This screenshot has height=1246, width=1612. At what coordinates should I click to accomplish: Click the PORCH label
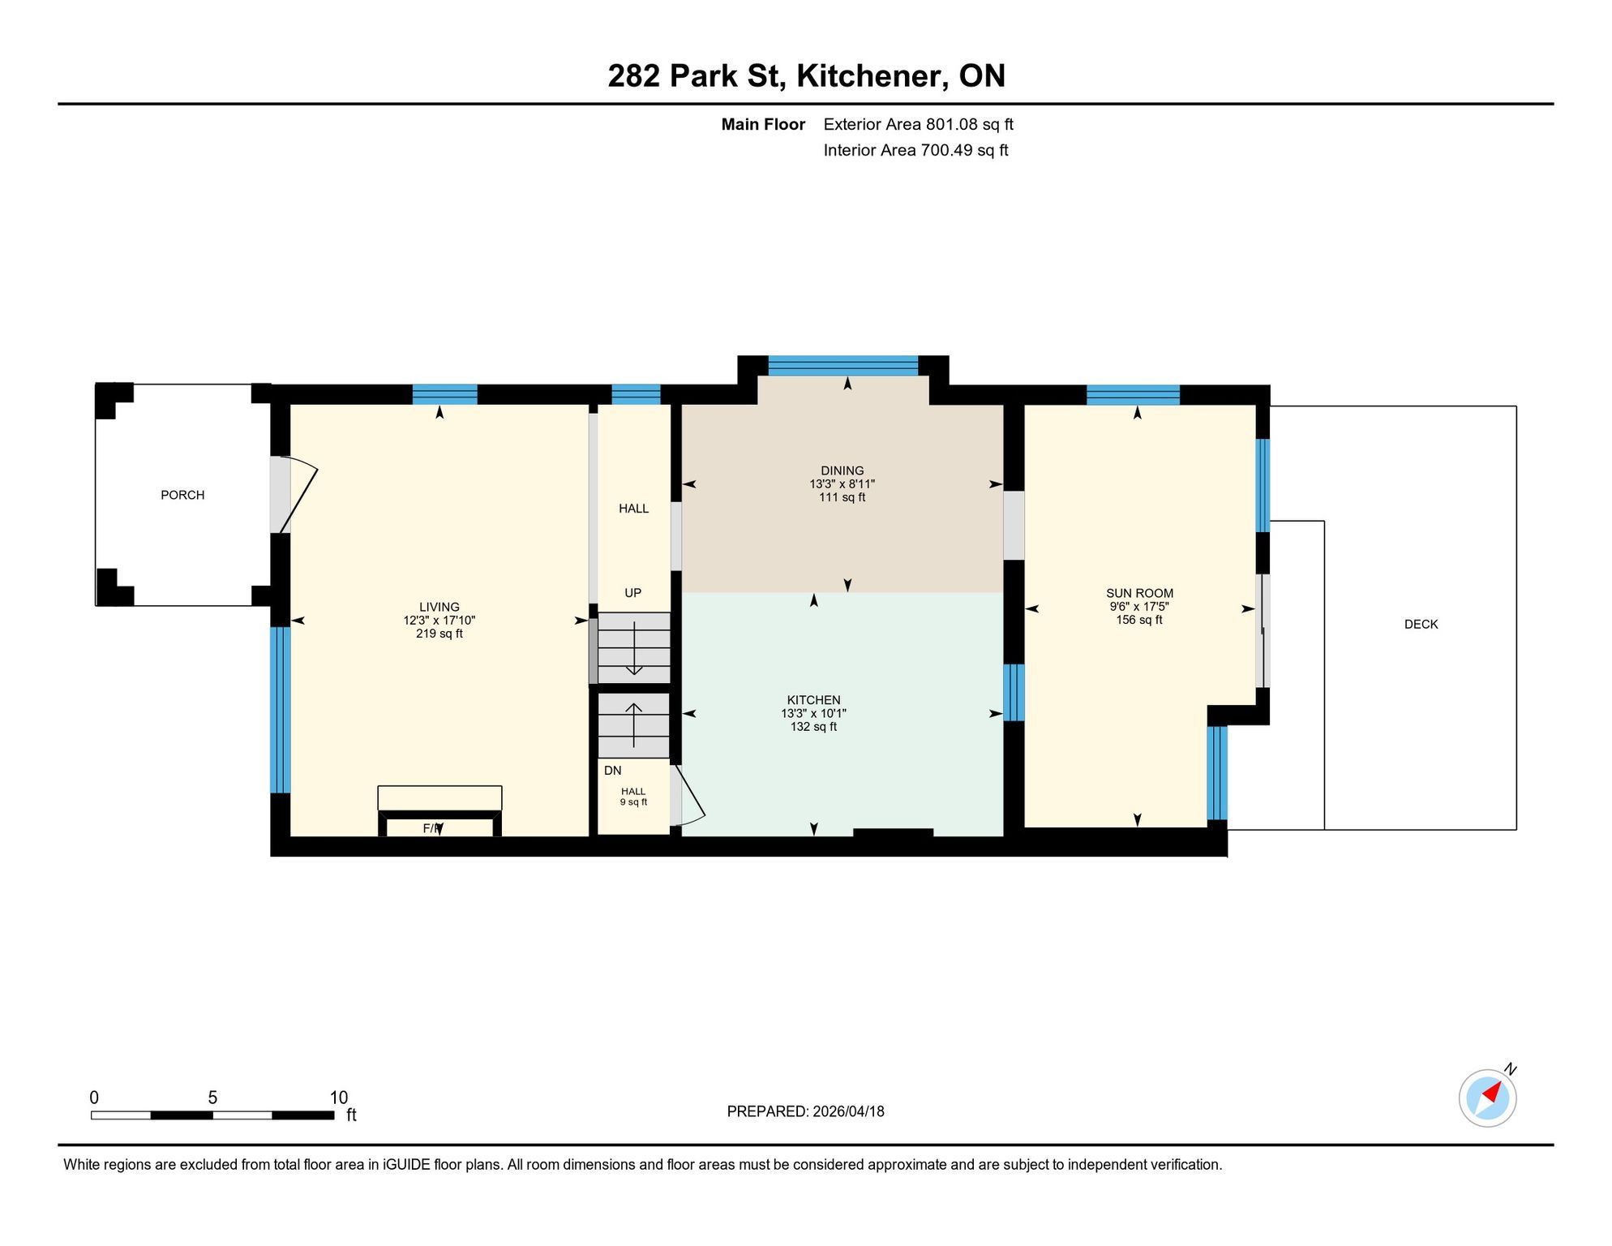click(x=182, y=495)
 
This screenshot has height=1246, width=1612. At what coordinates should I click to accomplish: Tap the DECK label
click(x=1421, y=624)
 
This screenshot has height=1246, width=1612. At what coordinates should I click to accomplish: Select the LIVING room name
click(x=439, y=607)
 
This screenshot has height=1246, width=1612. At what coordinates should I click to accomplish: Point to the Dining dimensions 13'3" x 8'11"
click(x=842, y=484)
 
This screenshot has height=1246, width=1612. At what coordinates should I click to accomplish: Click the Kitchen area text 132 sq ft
click(x=813, y=727)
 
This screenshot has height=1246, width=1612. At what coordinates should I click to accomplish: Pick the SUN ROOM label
click(x=1139, y=593)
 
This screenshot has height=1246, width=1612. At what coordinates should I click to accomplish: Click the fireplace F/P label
click(x=433, y=828)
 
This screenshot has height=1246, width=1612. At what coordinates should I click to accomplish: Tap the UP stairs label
click(x=633, y=593)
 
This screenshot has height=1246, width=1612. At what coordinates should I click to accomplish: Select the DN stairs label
click(x=613, y=771)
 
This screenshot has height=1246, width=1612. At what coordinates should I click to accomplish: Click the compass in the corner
click(x=1488, y=1098)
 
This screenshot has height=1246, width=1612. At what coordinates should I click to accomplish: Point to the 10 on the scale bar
click(x=339, y=1098)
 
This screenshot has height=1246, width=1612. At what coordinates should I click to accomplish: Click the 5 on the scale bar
click(x=212, y=1098)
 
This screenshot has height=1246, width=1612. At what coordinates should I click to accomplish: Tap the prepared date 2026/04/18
click(x=847, y=1111)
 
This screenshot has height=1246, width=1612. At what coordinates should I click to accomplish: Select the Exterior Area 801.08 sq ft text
click(x=919, y=124)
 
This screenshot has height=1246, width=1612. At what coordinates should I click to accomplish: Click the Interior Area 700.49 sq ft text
click(x=915, y=150)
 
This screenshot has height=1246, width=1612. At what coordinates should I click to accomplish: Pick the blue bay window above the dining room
click(x=843, y=366)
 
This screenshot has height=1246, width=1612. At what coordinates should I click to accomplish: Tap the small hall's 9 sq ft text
click(x=633, y=802)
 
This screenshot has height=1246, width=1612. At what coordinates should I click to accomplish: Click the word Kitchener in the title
click(x=872, y=75)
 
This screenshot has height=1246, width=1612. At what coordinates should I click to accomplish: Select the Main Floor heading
click(x=763, y=124)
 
